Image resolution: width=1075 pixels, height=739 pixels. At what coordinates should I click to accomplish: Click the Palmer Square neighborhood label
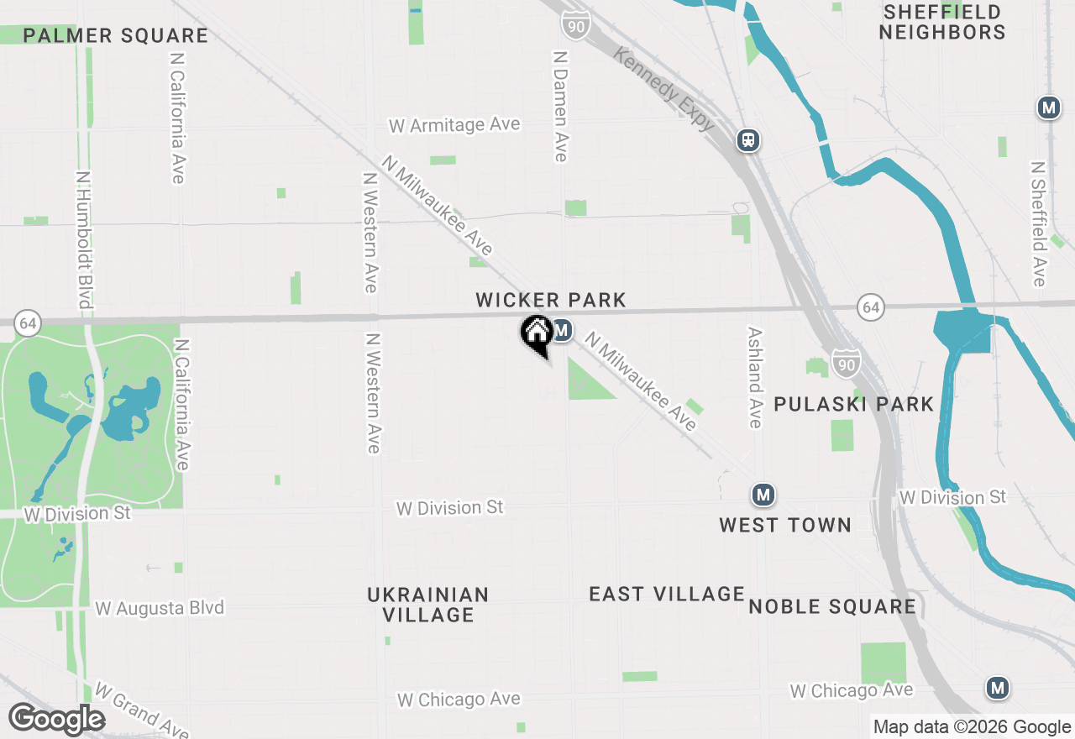click(x=116, y=35)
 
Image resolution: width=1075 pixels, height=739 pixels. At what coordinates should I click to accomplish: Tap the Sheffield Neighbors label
click(x=942, y=23)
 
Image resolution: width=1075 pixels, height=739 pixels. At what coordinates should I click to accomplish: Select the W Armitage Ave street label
click(x=454, y=125)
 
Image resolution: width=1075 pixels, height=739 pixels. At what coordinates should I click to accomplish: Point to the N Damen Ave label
click(x=560, y=106)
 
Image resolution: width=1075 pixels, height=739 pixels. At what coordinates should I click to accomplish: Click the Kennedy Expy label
click(x=664, y=89)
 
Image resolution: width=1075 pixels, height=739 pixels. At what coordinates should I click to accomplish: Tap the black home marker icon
click(x=537, y=333)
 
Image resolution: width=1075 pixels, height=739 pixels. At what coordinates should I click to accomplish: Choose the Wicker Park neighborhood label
click(x=551, y=300)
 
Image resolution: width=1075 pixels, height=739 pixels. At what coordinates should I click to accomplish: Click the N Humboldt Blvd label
click(x=83, y=240)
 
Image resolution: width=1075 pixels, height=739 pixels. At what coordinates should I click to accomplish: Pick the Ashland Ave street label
click(x=754, y=377)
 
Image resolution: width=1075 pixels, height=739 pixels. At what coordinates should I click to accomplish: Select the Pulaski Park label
click(x=853, y=404)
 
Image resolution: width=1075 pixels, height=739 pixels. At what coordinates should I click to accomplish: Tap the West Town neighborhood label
click(x=785, y=525)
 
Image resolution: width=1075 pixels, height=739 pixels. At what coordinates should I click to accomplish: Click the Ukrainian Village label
click(x=428, y=605)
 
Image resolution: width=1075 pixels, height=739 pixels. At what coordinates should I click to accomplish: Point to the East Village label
click(x=667, y=595)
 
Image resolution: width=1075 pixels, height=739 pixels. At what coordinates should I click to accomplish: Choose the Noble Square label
click(x=832, y=606)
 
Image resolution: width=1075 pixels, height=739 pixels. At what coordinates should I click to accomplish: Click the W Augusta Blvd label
click(x=160, y=608)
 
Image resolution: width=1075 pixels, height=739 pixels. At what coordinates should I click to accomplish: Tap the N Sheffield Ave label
click(x=1039, y=223)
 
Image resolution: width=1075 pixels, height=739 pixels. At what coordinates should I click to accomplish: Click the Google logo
click(x=56, y=720)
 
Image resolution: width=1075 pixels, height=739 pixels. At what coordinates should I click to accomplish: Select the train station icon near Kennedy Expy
click(x=747, y=140)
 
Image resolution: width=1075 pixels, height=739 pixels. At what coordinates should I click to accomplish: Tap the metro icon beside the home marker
click(x=562, y=330)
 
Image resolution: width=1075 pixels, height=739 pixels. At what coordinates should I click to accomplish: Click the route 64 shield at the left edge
click(x=28, y=322)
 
